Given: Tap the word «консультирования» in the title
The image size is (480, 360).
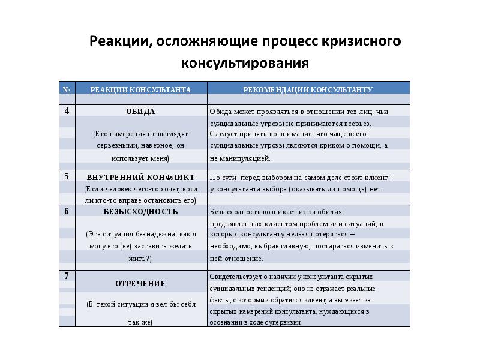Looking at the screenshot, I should (245, 62).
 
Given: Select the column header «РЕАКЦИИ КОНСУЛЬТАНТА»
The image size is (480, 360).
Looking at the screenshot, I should (140, 89).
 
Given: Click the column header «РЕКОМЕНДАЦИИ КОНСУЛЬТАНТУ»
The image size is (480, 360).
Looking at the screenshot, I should (308, 89).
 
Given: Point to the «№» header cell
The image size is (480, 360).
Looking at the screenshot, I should (66, 89).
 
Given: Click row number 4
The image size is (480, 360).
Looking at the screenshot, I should (67, 111).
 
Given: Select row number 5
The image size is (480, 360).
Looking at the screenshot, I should (67, 177).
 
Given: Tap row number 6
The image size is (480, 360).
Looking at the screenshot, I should (67, 211).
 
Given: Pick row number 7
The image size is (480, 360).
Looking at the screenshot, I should (67, 276).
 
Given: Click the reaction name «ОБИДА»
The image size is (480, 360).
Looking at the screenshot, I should (140, 112).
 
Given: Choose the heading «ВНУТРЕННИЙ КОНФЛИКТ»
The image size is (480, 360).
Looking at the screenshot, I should (140, 178).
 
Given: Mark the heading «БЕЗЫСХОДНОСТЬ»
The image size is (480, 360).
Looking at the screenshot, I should (140, 212).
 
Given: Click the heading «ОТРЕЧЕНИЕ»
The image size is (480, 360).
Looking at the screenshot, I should (140, 283).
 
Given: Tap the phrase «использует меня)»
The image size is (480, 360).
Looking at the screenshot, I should (140, 158).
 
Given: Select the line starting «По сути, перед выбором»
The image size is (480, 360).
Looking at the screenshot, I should (299, 178).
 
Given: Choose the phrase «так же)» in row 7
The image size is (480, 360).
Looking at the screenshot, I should (140, 322).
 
